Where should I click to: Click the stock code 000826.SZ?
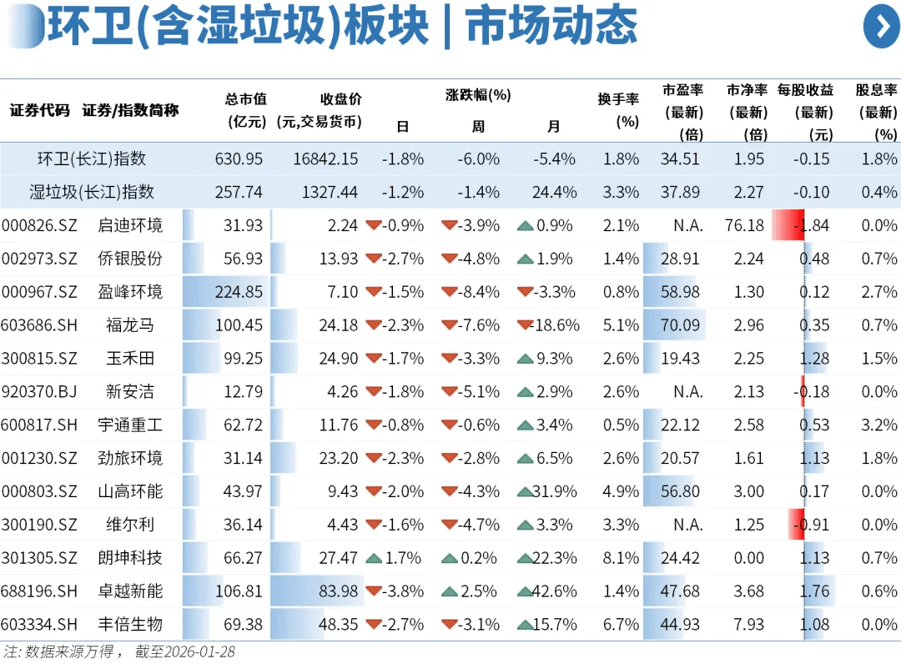point(39,225)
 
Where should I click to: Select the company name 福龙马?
point(129,325)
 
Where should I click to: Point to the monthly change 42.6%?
point(553,591)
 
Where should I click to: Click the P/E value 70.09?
point(680,325)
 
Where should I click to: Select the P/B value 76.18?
point(744,225)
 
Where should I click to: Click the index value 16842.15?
point(325,158)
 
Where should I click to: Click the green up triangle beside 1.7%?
point(373,558)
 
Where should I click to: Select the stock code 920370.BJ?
point(39,392)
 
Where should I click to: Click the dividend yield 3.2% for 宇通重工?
point(878,425)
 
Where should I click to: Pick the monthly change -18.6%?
point(553,325)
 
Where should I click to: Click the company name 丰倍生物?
point(129,625)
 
